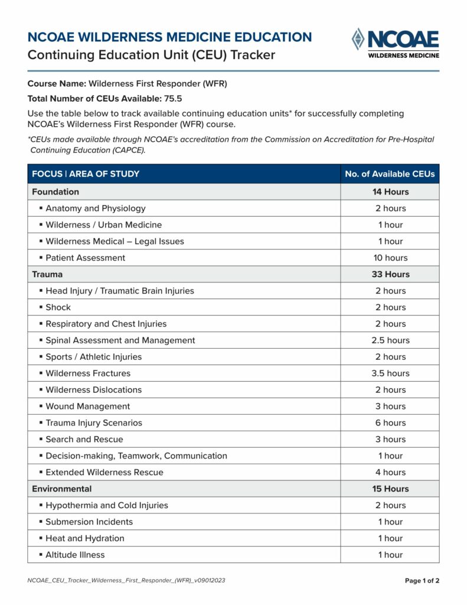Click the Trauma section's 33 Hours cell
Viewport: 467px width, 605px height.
coord(390,274)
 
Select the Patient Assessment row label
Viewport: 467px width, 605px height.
coord(85,258)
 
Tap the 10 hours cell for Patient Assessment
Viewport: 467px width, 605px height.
coord(390,258)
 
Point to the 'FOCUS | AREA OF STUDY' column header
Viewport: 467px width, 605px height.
coord(86,174)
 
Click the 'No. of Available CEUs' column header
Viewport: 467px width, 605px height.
coord(390,174)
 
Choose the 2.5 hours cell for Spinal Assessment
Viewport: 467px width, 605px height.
coord(390,340)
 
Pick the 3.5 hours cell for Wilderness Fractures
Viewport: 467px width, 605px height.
coord(390,373)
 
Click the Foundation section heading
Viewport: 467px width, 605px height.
coord(55,191)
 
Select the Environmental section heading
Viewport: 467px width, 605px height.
coord(62,489)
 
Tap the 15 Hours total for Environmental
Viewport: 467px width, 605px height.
coord(390,489)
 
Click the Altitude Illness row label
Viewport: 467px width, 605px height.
coord(75,555)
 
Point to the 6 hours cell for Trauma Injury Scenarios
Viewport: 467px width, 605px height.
coord(390,423)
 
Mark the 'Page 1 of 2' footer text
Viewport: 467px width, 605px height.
coord(422,581)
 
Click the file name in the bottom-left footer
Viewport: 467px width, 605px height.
coord(126,581)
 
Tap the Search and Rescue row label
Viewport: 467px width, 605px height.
coord(84,440)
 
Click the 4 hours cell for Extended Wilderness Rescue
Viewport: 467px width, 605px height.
coord(390,473)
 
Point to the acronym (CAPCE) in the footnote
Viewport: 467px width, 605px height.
coord(127,150)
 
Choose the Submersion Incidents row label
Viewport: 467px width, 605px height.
coord(89,522)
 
